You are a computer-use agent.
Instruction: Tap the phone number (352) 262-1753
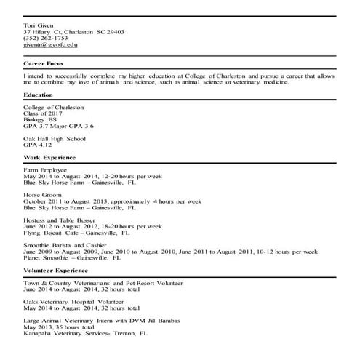pyautogui.click(x=45, y=39)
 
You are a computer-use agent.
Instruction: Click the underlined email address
pyautogui.click(x=50, y=45)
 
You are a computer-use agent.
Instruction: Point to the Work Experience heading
pyautogui.click(x=49, y=157)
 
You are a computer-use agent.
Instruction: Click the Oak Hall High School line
pyautogui.click(x=56, y=138)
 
